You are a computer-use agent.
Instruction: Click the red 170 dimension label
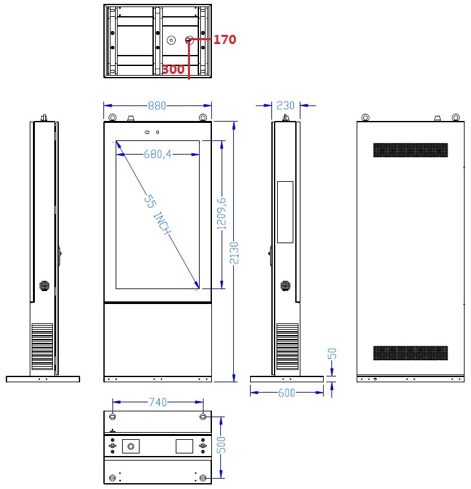(x=224, y=40)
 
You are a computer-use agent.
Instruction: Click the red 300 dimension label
(x=173, y=69)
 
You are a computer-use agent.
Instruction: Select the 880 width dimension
(x=158, y=105)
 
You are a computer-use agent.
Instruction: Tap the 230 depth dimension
(x=286, y=105)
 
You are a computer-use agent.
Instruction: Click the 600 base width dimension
(x=287, y=393)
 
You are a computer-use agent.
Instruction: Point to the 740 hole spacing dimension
(x=158, y=402)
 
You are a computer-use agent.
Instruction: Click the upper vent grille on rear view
(x=410, y=150)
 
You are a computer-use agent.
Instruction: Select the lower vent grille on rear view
(x=410, y=353)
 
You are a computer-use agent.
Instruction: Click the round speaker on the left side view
(x=45, y=285)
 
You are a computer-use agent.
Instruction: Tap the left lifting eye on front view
(x=113, y=118)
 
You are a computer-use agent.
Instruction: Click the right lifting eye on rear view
(x=455, y=118)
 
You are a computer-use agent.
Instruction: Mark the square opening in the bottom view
(x=184, y=446)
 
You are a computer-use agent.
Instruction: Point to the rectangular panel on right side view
(x=285, y=212)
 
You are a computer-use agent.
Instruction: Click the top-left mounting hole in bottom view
(x=114, y=417)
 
